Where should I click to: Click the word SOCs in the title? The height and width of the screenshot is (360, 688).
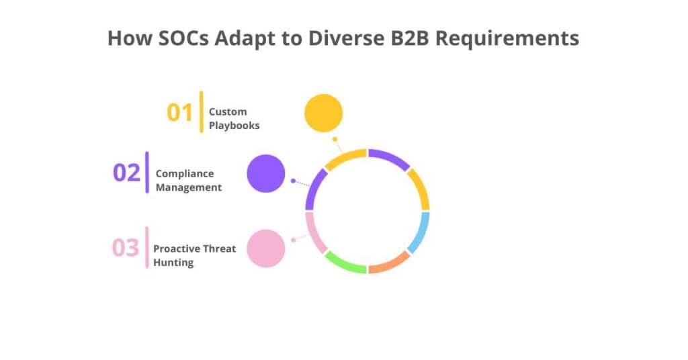[179, 38]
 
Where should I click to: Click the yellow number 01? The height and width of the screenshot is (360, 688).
[179, 113]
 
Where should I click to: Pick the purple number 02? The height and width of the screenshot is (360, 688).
[126, 173]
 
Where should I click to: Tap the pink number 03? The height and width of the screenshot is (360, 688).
[125, 248]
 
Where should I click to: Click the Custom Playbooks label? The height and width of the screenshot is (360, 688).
[233, 118]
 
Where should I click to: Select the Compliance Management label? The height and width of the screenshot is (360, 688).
[189, 181]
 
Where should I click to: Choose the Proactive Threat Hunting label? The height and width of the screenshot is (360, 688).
[194, 255]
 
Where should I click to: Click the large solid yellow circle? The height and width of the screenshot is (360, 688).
[324, 112]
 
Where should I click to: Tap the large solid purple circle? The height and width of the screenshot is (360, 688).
[266, 173]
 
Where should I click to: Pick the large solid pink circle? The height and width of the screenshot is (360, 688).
[266, 248]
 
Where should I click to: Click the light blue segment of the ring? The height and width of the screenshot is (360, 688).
[419, 232]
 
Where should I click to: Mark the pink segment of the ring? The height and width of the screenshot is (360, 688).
[315, 232]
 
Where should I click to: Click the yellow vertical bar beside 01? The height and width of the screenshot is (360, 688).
[201, 111]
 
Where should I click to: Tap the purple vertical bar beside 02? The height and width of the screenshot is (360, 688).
[147, 173]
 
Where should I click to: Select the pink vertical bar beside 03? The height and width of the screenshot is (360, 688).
[147, 247]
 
